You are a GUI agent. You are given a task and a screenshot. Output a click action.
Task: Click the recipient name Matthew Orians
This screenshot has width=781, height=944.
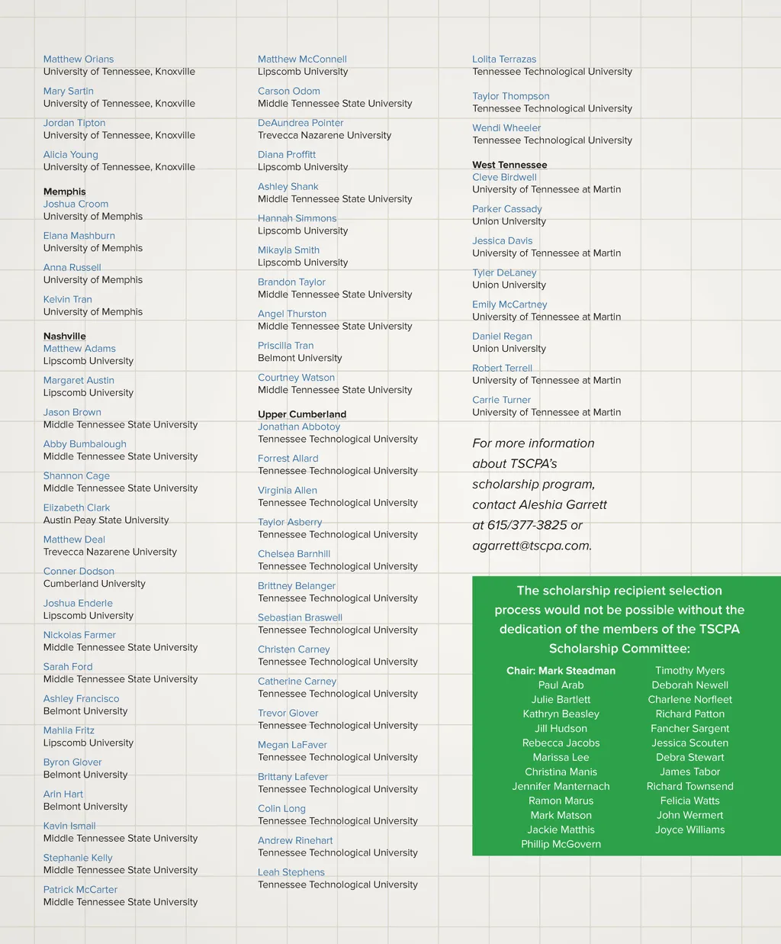point(79,59)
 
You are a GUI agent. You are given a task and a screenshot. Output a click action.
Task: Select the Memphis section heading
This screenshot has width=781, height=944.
point(65,192)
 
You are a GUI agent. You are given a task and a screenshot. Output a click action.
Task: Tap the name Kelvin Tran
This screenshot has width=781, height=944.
point(68,299)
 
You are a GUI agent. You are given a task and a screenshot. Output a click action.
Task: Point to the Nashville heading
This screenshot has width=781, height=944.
point(65,336)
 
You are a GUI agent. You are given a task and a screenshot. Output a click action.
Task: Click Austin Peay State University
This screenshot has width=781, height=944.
point(106,520)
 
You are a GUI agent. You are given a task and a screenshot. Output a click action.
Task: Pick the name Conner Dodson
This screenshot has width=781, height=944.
point(79,571)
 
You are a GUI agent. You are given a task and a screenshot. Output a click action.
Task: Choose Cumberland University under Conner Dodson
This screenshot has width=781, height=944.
point(95,584)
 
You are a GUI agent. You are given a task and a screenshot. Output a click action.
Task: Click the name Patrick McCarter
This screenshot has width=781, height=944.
point(80,889)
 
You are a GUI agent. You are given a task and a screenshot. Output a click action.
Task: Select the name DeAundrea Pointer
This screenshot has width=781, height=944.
point(301,123)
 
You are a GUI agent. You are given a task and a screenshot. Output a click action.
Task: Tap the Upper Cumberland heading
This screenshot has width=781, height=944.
point(302,414)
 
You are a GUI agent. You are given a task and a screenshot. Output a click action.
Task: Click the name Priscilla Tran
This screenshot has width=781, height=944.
point(286,346)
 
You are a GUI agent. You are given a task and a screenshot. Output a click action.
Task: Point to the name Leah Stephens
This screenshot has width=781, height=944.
point(291,872)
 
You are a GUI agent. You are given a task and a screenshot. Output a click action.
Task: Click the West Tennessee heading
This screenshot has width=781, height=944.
point(509,165)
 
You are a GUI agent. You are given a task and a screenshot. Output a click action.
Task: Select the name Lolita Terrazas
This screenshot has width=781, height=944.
point(504,59)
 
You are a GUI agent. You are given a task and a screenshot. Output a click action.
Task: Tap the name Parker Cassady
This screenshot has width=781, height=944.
point(507,208)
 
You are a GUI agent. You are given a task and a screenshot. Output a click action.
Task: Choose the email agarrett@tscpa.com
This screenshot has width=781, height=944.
point(532,546)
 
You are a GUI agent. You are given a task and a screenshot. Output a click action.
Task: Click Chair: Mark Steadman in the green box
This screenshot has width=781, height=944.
point(561,671)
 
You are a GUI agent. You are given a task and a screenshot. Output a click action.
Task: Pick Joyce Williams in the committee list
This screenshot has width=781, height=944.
point(690,830)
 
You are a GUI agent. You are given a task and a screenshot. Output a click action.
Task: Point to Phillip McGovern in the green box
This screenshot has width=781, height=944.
point(561,844)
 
